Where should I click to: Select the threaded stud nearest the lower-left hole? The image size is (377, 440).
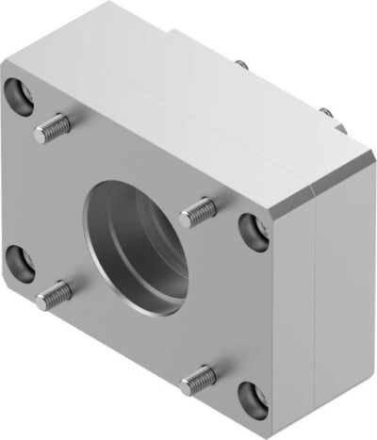[x=53, y=295]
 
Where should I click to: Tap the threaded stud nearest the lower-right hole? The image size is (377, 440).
[x=197, y=379]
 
